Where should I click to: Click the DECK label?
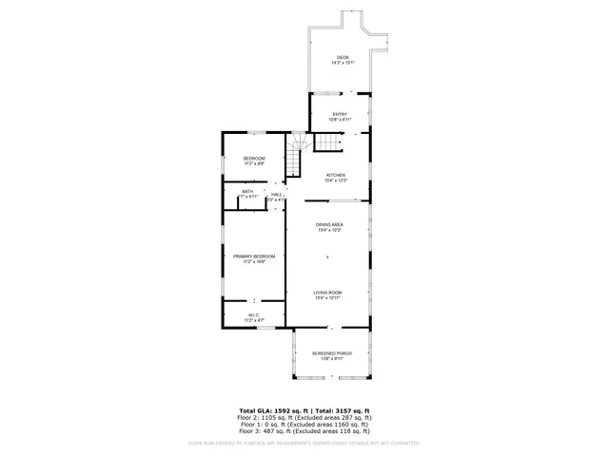coord(342,57)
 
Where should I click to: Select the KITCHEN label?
coord(336,175)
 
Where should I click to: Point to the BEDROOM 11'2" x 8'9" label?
coord(253,158)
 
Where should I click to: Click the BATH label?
coord(247,191)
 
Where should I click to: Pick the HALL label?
coord(276,194)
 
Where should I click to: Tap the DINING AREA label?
coord(329,224)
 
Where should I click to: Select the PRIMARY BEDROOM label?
coord(254,256)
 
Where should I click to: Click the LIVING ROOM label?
coord(328,292)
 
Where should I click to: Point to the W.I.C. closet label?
coord(254,315)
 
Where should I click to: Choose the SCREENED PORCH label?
coord(332,353)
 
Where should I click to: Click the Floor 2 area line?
coord(304,417)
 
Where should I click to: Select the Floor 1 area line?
coord(304,424)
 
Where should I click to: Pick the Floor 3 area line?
coord(304,430)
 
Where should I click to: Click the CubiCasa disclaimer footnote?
coord(304,443)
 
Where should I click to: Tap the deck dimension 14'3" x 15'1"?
coord(342,63)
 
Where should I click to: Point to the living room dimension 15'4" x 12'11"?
coord(328,298)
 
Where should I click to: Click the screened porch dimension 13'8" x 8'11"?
coord(332,359)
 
